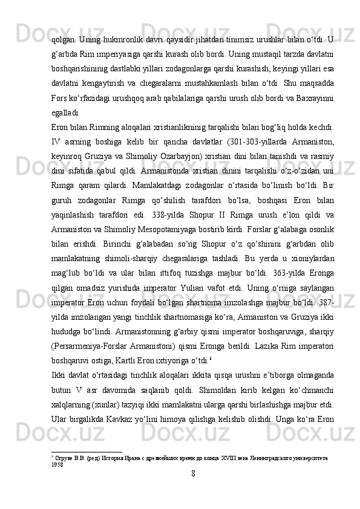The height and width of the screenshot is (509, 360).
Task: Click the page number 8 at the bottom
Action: (x=192, y=490)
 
